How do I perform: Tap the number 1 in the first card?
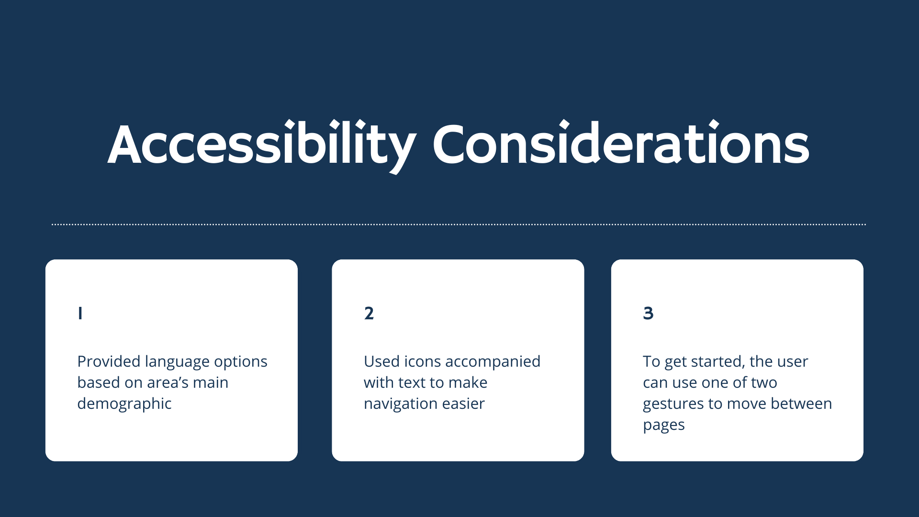80,313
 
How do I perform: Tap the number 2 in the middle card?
369,313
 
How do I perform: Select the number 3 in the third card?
648,313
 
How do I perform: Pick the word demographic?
124,404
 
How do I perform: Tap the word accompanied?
493,362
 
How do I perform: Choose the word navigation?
401,405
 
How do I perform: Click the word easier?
463,404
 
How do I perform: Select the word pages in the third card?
664,426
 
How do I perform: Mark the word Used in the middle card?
381,361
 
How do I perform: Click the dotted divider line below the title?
459,224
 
